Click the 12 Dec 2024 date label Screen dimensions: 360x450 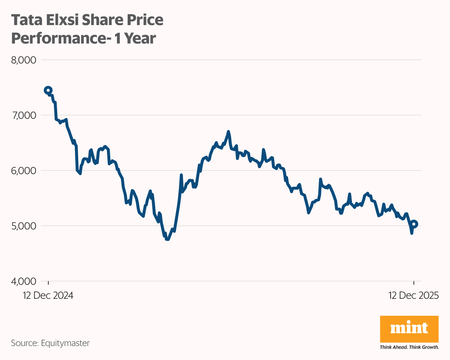48,296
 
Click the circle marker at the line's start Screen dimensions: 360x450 48,90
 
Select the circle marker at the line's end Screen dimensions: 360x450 414,224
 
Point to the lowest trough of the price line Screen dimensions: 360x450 168,239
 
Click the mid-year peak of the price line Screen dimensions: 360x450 228,132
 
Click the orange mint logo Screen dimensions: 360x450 409,328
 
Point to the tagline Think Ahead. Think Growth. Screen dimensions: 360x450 409,347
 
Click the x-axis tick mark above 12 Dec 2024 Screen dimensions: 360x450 48,283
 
